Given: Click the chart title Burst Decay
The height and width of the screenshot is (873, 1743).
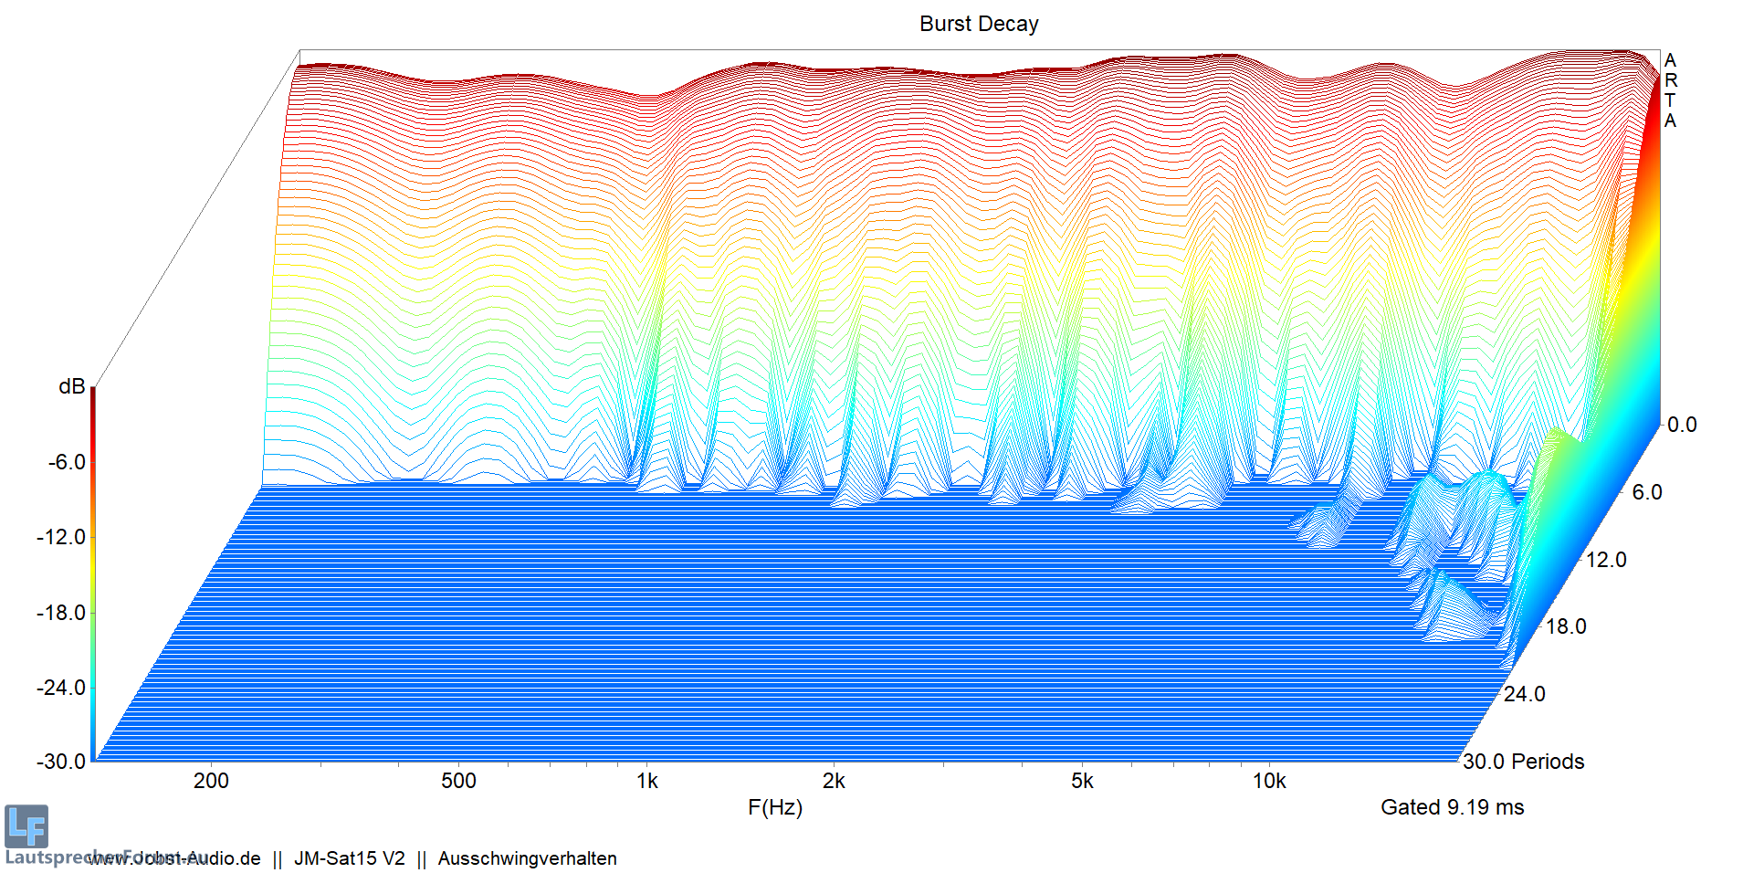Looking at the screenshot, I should [x=978, y=24].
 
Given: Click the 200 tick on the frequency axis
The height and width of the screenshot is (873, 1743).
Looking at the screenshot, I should [x=211, y=781].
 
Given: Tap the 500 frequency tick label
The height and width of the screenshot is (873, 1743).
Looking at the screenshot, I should [x=458, y=781].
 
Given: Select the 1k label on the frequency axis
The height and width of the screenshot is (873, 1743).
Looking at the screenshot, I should [x=647, y=781].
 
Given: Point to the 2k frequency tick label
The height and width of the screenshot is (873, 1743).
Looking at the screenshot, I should [x=834, y=781].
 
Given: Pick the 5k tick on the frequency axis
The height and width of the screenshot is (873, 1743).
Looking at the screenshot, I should [x=1082, y=781].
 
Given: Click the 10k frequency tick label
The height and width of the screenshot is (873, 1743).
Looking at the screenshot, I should [x=1269, y=781].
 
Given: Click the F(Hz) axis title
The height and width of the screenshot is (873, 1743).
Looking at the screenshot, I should [x=774, y=807].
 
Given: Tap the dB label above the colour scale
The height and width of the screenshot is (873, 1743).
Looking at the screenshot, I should [x=71, y=387].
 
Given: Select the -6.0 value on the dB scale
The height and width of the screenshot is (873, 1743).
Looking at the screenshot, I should [x=67, y=462].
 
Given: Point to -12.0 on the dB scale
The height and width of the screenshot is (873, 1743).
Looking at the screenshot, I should [x=61, y=537].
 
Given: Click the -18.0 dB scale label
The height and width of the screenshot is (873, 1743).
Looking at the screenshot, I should [x=61, y=613].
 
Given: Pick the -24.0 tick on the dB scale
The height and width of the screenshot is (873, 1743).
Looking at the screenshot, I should [x=61, y=688].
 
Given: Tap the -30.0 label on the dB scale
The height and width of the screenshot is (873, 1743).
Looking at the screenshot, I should [x=61, y=762].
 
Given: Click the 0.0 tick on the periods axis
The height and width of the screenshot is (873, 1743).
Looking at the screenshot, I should [x=1682, y=425].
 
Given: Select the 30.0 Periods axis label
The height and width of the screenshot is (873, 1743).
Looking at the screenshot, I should [x=1523, y=762].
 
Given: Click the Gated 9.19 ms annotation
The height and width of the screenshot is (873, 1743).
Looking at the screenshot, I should [x=1452, y=807].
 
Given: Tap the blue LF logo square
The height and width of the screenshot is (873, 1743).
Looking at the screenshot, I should [x=26, y=826].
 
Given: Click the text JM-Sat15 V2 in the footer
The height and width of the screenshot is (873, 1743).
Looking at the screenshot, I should [x=349, y=858].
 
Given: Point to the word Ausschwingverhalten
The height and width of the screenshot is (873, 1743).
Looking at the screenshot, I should [x=527, y=858].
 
